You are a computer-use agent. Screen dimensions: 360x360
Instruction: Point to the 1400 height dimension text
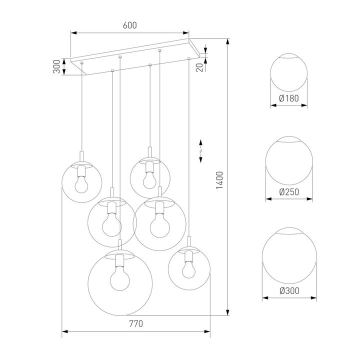tap(219, 181)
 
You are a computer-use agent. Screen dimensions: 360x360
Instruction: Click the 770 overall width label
tap(135, 323)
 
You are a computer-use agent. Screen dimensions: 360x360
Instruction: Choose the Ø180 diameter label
tap(289, 98)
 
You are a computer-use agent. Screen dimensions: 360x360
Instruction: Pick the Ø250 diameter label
tap(289, 191)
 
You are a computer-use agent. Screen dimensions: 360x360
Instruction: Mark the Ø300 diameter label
tap(289, 290)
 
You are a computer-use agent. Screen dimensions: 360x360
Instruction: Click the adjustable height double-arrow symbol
tap(201, 150)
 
